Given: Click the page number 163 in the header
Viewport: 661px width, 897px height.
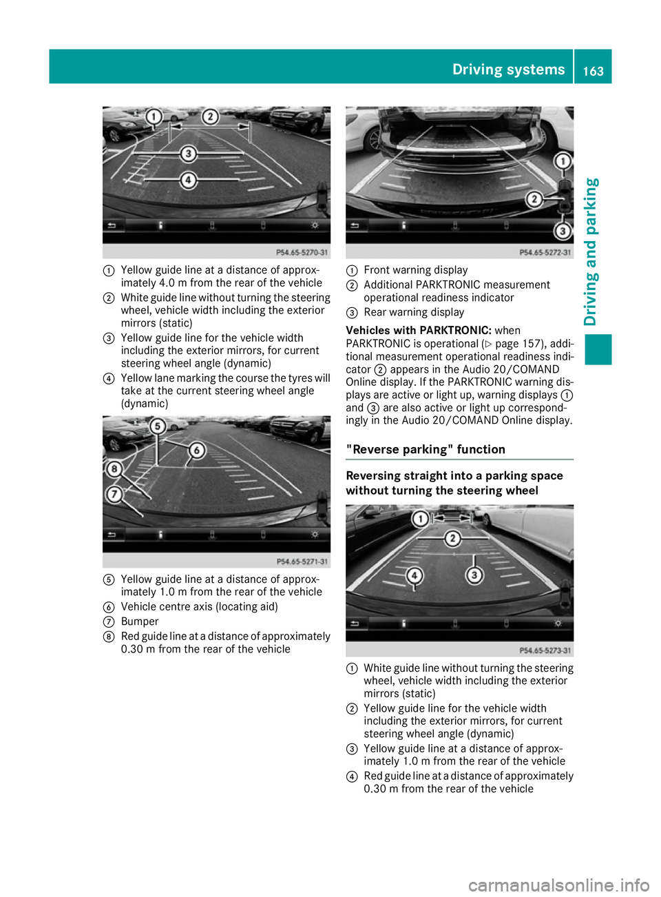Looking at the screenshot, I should pyautogui.click(x=593, y=71).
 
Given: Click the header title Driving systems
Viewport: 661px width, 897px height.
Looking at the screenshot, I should pyautogui.click(x=508, y=70).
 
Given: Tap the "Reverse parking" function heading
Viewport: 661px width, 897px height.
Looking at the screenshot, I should pyautogui.click(x=426, y=450).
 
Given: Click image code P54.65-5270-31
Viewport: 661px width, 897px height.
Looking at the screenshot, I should pyautogui.click(x=302, y=253).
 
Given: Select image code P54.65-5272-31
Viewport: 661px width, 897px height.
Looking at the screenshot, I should pyautogui.click(x=545, y=253).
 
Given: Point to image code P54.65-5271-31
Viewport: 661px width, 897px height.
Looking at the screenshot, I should pyautogui.click(x=302, y=562).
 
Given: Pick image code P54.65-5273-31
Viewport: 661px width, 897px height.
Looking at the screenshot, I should pyautogui.click(x=545, y=650).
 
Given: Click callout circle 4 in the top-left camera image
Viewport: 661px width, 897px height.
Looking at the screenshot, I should pyautogui.click(x=188, y=181).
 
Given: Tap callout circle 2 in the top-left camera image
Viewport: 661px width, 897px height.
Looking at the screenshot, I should pyautogui.click(x=210, y=116).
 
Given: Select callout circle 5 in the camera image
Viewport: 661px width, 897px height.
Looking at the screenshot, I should pyautogui.click(x=158, y=426).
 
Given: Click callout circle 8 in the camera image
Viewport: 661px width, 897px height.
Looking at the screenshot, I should pyautogui.click(x=114, y=469).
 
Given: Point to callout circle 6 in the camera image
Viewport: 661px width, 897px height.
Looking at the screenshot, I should pyautogui.click(x=197, y=451).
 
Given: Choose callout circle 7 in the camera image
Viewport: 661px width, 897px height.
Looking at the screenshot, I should pyautogui.click(x=114, y=494).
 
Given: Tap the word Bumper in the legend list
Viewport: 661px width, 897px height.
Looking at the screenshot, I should pyautogui.click(x=140, y=621).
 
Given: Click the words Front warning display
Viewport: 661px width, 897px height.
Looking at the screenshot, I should pyautogui.click(x=415, y=270).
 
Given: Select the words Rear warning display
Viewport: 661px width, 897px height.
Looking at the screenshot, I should pyautogui.click(x=414, y=312).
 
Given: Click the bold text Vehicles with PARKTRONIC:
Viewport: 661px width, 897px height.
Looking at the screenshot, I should pyautogui.click(x=419, y=331).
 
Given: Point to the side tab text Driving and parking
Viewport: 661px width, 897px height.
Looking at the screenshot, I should pyautogui.click(x=591, y=251).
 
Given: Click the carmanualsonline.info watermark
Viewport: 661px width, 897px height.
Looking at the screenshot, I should pyautogui.click(x=558, y=885).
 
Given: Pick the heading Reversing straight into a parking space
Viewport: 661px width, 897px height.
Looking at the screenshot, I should pyautogui.click(x=454, y=476).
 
